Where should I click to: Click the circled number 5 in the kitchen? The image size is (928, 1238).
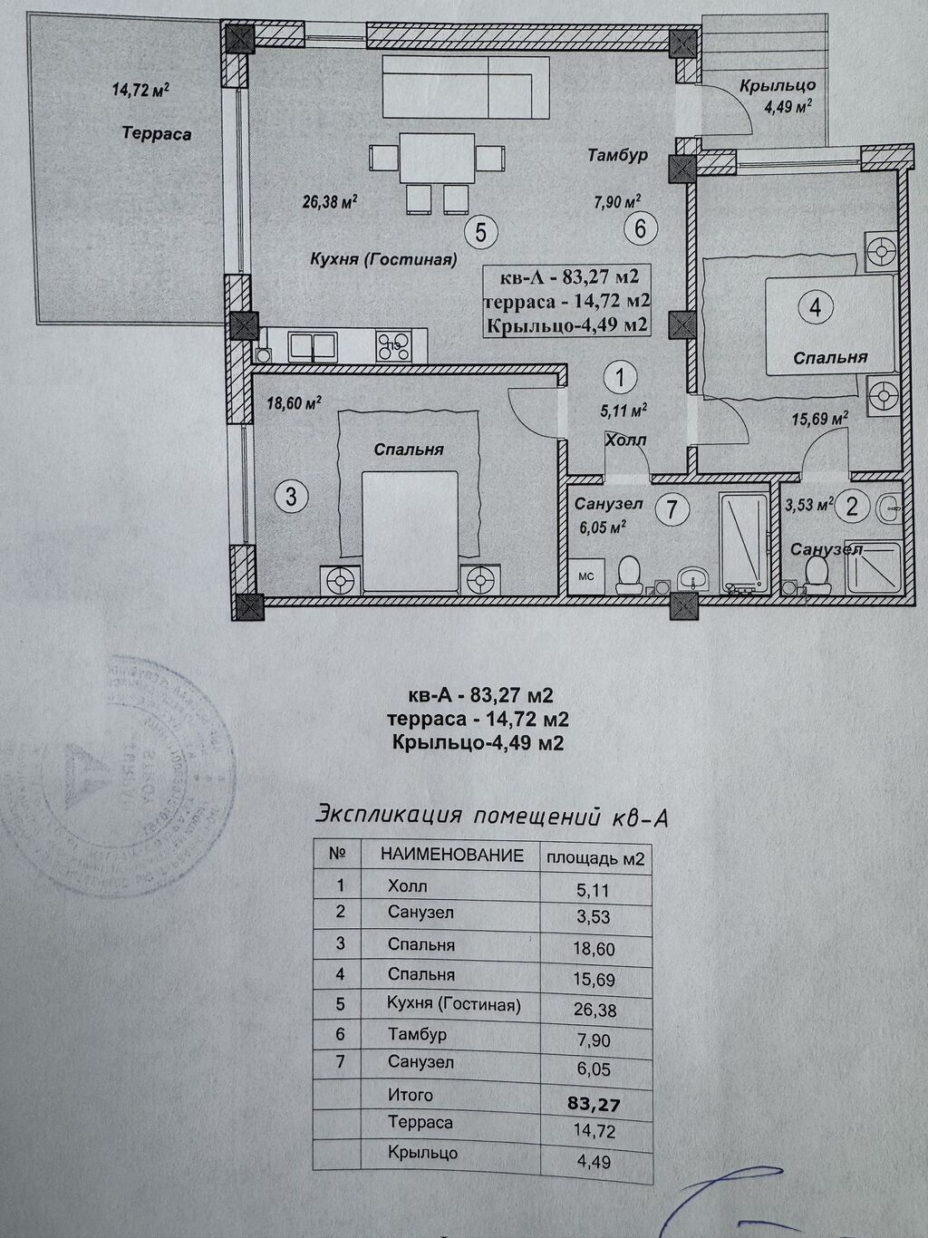480,232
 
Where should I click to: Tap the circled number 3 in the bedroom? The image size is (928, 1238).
290,496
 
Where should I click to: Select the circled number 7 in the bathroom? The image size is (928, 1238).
672,509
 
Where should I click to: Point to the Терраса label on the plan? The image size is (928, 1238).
157,134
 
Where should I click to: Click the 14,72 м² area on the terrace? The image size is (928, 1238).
141,90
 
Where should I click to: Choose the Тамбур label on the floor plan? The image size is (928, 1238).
616,156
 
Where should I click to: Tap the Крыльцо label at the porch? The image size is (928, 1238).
777,86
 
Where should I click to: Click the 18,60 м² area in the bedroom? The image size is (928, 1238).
294,404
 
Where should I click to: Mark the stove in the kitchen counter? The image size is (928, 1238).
395,344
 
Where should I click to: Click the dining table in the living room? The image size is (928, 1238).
437,158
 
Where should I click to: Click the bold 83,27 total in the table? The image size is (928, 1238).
594,1104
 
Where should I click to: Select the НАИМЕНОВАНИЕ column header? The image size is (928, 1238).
451,855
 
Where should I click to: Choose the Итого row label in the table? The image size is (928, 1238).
411,1095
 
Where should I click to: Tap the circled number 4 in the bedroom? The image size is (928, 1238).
816,307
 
